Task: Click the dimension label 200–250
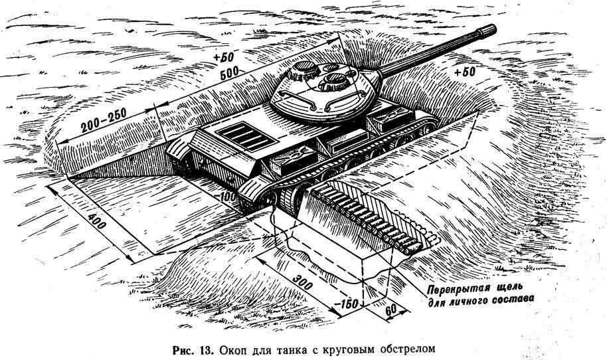coord(104,120)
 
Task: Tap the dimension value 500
coord(229,74)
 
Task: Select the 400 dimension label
coord(96,221)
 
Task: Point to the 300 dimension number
coord(302,282)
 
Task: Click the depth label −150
coord(346,304)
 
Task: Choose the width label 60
coord(391,310)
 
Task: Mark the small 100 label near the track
coord(228,197)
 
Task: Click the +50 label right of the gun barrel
coord(464,72)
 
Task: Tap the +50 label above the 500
coord(224,57)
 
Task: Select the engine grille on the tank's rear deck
coord(240,136)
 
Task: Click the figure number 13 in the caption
coord(206,350)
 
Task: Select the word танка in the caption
coord(295,350)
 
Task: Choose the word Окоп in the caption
coord(233,350)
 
